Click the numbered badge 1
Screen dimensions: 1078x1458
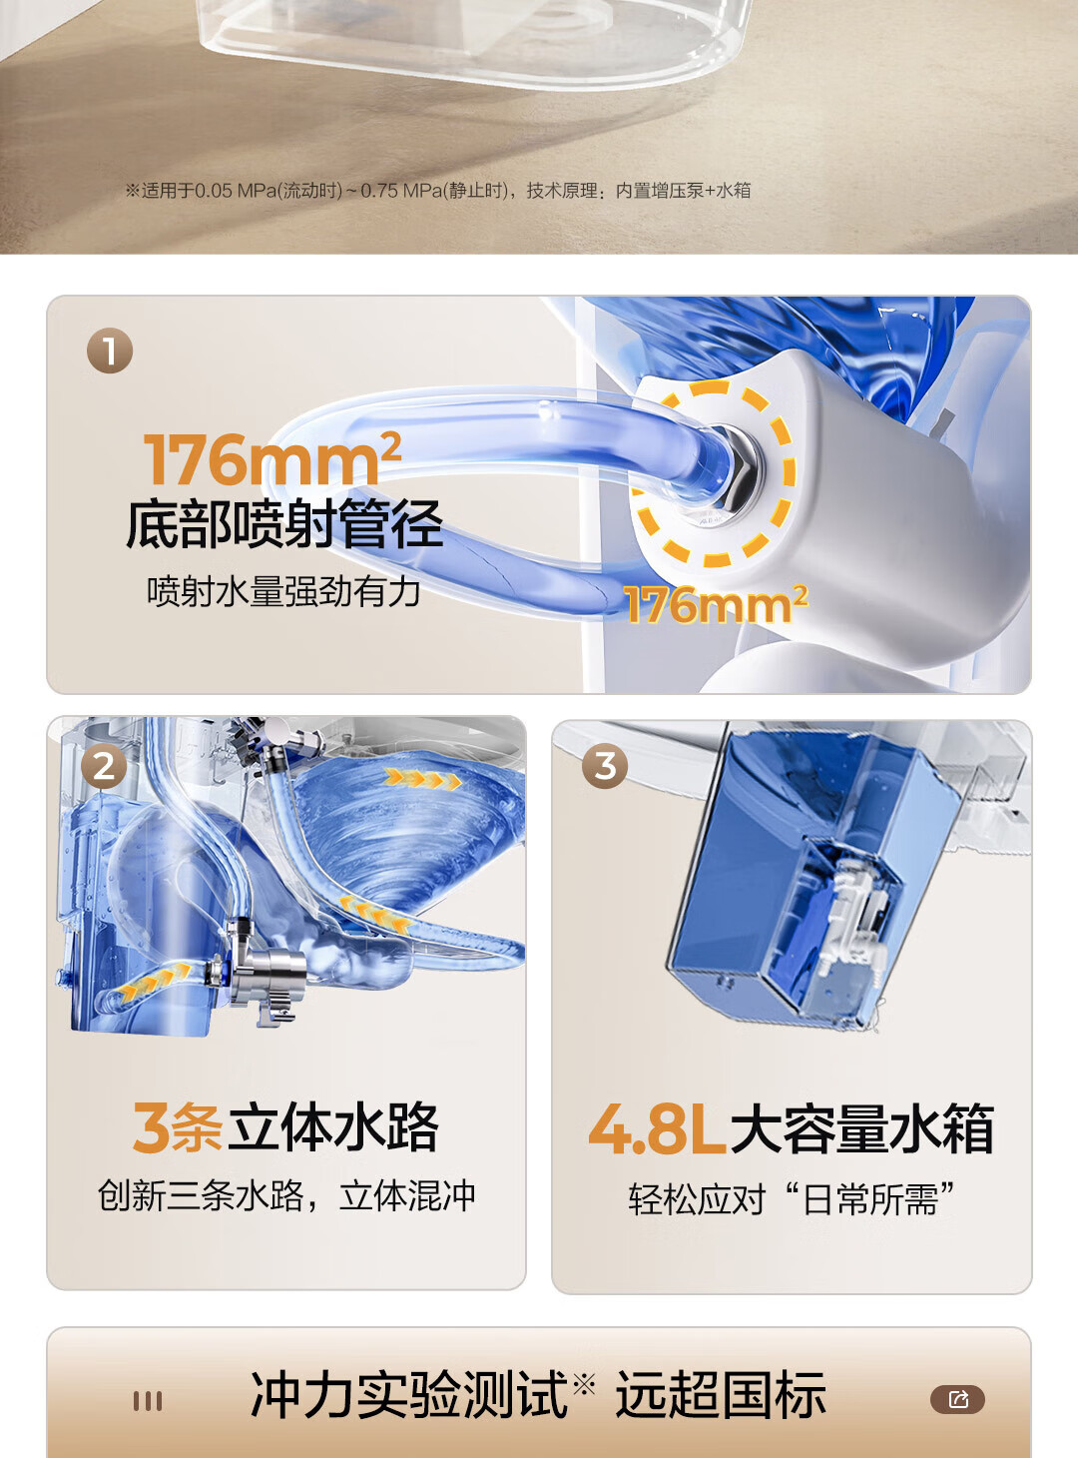(x=110, y=351)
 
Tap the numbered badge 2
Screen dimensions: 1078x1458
(x=104, y=767)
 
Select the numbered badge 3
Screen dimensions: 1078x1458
(x=605, y=765)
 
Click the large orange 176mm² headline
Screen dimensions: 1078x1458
(x=272, y=457)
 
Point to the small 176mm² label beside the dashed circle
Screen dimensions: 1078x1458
(x=716, y=603)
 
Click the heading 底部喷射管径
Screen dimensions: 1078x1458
(x=283, y=524)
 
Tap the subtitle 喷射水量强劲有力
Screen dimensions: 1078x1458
(x=283, y=591)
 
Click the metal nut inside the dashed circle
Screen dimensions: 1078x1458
(x=735, y=467)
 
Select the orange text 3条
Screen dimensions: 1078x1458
(x=178, y=1127)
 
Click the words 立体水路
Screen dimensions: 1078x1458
(x=333, y=1127)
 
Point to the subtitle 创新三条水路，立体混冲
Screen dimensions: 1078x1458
(x=286, y=1195)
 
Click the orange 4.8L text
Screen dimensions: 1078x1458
(x=657, y=1129)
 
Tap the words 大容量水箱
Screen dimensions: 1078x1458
(x=861, y=1129)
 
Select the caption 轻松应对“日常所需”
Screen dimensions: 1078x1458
(x=792, y=1198)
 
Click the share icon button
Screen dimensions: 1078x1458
(x=957, y=1399)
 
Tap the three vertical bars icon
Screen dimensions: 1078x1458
(x=148, y=1401)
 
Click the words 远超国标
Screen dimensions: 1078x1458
(x=721, y=1395)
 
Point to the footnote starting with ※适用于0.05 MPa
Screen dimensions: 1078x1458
(x=438, y=191)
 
